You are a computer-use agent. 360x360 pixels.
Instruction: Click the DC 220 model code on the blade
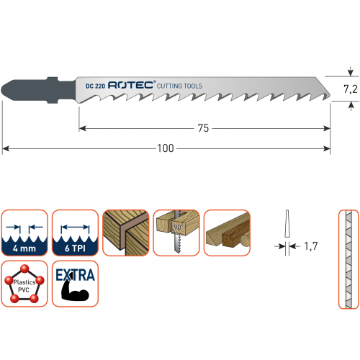pos(95,86)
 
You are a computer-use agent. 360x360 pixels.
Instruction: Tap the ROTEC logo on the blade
pos(132,85)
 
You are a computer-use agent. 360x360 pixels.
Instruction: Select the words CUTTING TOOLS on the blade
pos(179,86)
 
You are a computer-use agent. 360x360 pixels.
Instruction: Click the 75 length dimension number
pos(203,128)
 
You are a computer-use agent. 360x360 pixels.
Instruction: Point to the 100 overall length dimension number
pos(166,148)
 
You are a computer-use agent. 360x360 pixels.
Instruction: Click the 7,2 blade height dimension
pos(351,89)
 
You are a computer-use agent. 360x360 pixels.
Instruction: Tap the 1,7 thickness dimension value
pos(311,246)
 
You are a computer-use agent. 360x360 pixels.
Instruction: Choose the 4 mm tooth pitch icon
pos(24,233)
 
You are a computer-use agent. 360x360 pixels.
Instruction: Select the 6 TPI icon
pos(75,233)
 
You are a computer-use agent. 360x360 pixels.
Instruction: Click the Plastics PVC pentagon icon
pos(24,284)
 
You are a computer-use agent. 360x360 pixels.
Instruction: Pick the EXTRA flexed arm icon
pos(75,284)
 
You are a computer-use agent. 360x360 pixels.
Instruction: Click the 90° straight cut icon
pos(176,233)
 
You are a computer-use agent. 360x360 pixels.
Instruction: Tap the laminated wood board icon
pos(126,233)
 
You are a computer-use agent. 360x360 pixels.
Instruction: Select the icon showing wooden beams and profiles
pos(227,233)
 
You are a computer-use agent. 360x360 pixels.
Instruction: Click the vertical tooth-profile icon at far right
pos(348,259)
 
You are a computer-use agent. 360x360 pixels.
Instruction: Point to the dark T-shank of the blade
pos(38,90)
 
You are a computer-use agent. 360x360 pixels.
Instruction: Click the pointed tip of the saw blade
pos(330,96)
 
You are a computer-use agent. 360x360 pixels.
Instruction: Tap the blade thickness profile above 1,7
pos(287,224)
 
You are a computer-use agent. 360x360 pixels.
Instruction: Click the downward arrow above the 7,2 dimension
pos(351,71)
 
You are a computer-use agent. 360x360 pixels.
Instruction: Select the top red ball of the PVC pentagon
pos(24,269)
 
